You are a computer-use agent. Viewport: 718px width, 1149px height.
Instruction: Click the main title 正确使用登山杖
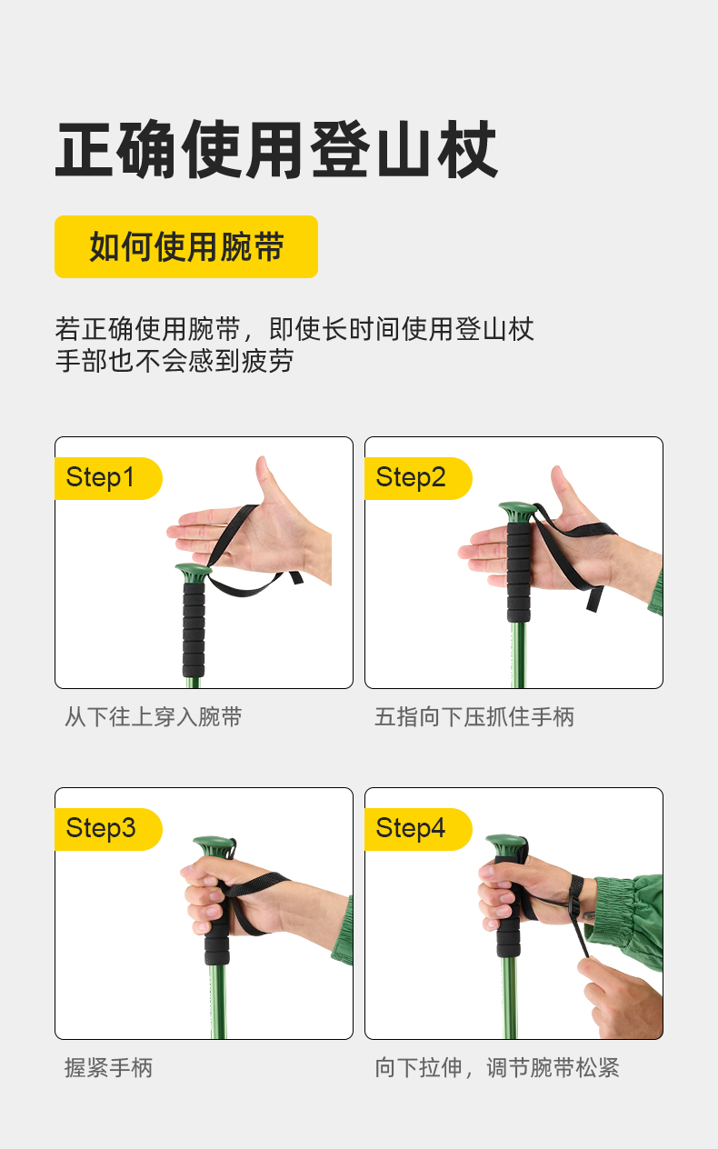pos(276,149)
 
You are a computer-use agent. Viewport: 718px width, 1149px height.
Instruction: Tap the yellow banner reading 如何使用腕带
pos(186,246)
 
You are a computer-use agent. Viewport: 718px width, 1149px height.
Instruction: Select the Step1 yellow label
pos(108,478)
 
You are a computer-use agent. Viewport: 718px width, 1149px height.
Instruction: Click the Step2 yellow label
pos(418,478)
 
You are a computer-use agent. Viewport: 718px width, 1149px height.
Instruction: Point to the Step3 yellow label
pos(108,829)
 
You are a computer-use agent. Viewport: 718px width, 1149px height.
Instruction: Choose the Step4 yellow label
pos(418,829)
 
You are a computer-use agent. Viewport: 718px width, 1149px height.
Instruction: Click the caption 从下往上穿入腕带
pos(154,716)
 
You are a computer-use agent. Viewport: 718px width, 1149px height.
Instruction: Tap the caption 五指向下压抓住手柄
pos(474,716)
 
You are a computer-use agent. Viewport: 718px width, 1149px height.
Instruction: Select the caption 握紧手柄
pos(109,1068)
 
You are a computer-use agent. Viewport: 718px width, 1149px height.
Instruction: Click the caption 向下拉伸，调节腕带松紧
pos(497,1068)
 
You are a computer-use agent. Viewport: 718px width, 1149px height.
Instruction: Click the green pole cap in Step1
pos(193,572)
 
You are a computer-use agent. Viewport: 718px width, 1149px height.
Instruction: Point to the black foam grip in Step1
pos(194,629)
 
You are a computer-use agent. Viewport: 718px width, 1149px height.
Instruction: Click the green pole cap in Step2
pos(517,512)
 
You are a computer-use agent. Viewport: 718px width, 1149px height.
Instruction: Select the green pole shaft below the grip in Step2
pos(518,655)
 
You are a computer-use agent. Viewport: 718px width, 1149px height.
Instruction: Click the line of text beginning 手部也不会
pos(175,361)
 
